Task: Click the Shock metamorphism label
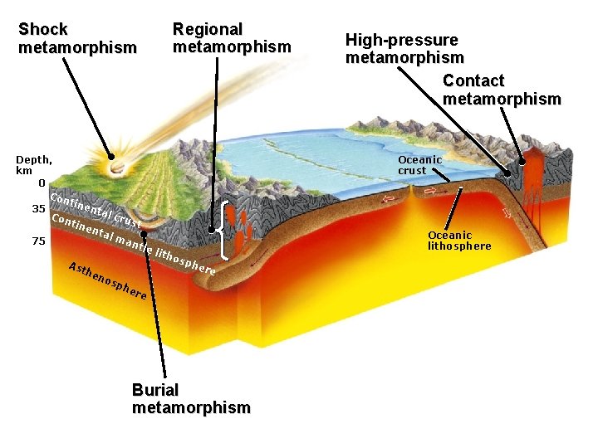(76, 39)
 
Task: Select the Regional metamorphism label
(231, 38)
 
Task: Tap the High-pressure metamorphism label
(404, 49)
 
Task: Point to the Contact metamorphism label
(501, 90)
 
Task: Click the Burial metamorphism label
(190, 398)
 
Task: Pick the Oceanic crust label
(419, 165)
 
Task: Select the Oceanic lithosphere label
(458, 241)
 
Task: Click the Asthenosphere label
(108, 281)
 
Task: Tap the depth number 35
(38, 208)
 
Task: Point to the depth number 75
(38, 241)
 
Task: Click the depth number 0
(41, 183)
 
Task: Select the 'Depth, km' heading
(34, 165)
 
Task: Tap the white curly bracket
(227, 228)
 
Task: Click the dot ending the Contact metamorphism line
(522, 163)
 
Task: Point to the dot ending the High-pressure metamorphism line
(507, 172)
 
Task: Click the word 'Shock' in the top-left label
(42, 29)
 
